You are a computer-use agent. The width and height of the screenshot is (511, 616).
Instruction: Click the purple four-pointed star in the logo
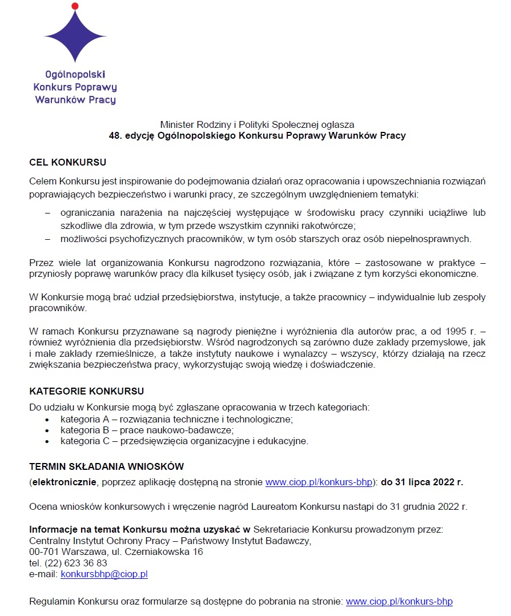pyautogui.click(x=75, y=34)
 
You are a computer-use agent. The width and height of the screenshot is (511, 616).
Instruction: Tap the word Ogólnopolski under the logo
pyautogui.click(x=75, y=74)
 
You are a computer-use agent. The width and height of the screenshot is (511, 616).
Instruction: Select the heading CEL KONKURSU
pyautogui.click(x=67, y=163)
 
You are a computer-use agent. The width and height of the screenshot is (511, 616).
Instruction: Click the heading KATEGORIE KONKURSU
pyautogui.click(x=86, y=392)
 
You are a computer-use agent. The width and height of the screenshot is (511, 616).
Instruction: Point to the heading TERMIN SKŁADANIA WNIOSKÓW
pyautogui.click(x=106, y=466)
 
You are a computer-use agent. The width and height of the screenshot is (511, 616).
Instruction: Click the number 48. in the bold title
pyautogui.click(x=117, y=136)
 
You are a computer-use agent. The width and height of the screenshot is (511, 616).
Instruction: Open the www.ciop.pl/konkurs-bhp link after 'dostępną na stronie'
pyautogui.click(x=319, y=482)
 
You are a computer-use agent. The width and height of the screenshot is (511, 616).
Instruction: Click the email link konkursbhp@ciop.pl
pyautogui.click(x=104, y=574)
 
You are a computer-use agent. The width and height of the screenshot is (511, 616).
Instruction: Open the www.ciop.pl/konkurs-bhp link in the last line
pyautogui.click(x=399, y=602)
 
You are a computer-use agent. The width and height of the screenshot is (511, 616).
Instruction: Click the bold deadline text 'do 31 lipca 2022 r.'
pyautogui.click(x=422, y=482)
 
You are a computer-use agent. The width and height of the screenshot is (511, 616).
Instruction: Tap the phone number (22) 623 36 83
pyautogui.click(x=75, y=563)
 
